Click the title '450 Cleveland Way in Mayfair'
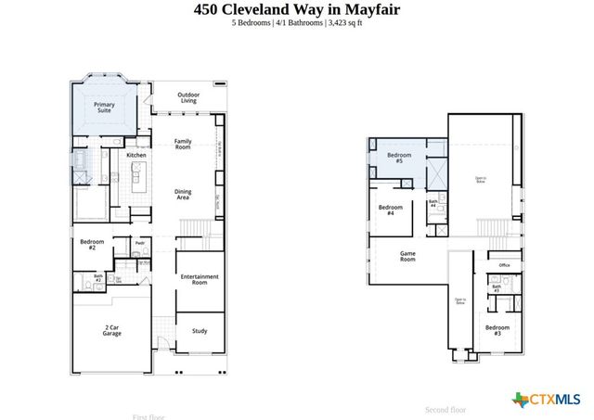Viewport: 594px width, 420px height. click(x=296, y=10)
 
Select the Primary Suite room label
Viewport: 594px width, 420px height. click(x=104, y=108)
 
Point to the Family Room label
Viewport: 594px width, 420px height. click(x=183, y=144)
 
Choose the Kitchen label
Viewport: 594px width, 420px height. click(x=136, y=155)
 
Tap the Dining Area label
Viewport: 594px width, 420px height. click(x=183, y=195)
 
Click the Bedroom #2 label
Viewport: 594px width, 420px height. click(x=93, y=245)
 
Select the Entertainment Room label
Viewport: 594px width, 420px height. click(x=200, y=279)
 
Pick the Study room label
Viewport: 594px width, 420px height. click(x=200, y=329)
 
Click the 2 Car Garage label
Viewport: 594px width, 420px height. click(x=112, y=330)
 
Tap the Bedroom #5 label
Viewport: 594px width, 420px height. click(x=399, y=158)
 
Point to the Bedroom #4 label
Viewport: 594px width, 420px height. click(x=391, y=210)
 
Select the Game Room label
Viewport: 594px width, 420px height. click(x=407, y=256)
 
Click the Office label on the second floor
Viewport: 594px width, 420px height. click(x=504, y=265)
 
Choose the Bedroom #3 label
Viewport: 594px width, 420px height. click(x=497, y=330)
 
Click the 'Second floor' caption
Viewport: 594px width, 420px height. click(x=445, y=409)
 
